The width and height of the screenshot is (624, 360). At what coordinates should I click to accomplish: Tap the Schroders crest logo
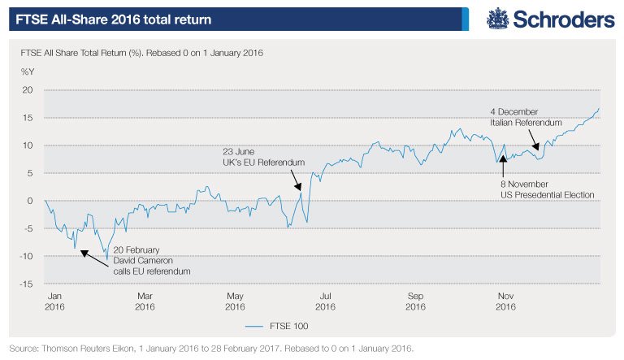[498, 18]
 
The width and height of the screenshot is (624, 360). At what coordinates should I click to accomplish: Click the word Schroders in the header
[561, 19]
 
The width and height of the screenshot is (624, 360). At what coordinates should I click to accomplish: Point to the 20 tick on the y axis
[27, 90]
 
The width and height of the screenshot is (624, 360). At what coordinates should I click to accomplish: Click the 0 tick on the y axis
[29, 201]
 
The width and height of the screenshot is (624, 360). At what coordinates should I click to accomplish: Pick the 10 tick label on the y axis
[27, 145]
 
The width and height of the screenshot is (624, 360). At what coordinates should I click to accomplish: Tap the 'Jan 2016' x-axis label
[54, 301]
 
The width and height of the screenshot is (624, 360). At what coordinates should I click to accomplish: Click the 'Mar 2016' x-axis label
[145, 301]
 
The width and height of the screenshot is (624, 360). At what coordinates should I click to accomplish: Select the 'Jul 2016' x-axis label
[325, 301]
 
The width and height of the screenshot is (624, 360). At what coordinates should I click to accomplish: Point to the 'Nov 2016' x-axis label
[505, 301]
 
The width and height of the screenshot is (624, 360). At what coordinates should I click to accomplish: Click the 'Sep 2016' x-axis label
[415, 301]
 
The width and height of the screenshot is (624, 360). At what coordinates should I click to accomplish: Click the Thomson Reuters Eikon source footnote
[211, 348]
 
